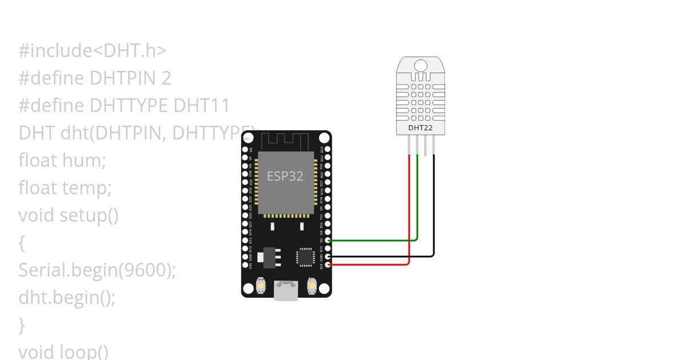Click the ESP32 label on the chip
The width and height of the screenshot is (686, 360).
pos(285,176)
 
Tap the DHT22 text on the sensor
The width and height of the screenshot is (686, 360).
pos(420,128)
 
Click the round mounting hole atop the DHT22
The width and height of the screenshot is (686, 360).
pos(420,65)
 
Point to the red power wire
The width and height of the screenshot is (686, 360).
pos(372,265)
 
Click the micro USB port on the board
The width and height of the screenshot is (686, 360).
pos(286,290)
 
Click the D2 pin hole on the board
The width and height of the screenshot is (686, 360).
pos(328,241)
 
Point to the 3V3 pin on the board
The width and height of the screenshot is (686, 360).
pos(328,265)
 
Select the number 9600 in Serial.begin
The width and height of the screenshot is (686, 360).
pos(146,270)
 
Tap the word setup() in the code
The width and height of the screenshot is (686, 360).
pos(89,215)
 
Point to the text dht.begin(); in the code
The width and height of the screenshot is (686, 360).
pos(67,297)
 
